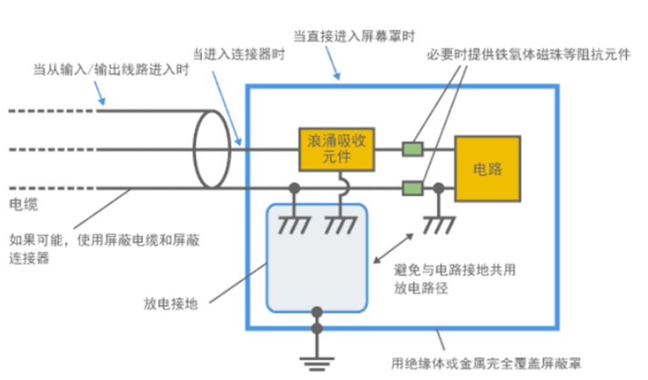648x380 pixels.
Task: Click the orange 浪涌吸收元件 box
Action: (x=336, y=149)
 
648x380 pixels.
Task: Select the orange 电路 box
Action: (x=487, y=169)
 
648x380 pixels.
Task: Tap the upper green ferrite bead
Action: (x=412, y=150)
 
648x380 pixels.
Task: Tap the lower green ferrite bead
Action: (x=412, y=189)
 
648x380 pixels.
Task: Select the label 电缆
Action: (x=23, y=206)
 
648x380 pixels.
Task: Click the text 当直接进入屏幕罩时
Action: (x=354, y=37)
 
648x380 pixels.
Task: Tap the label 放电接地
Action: (x=171, y=303)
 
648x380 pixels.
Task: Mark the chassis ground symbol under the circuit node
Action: (x=438, y=224)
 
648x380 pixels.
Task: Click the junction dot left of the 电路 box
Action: (x=438, y=189)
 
